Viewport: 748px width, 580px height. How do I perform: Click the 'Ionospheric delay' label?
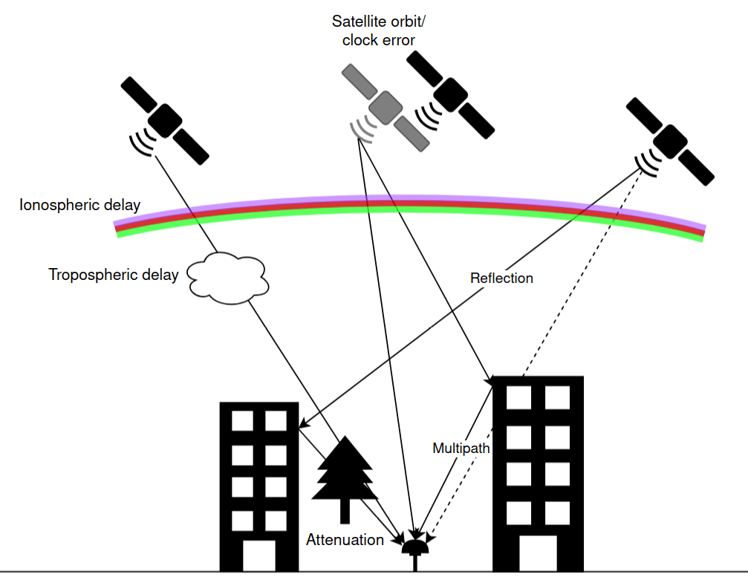79,205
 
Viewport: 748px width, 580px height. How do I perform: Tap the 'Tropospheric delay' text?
113,275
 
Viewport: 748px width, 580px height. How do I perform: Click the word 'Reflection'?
501,278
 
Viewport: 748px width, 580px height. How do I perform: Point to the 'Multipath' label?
461,449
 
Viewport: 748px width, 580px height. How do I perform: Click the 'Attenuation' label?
345,540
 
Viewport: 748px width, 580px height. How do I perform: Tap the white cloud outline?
227,278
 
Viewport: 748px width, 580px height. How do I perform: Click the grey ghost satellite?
385,108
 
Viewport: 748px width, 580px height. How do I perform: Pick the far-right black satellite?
670,140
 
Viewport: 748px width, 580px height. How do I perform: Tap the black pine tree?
344,475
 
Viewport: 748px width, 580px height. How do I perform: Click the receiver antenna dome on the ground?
414,548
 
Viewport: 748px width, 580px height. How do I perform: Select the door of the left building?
258,555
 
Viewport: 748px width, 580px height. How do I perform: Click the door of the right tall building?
537,553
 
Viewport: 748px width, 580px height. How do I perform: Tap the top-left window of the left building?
242,421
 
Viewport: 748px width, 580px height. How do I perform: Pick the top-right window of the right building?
557,397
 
